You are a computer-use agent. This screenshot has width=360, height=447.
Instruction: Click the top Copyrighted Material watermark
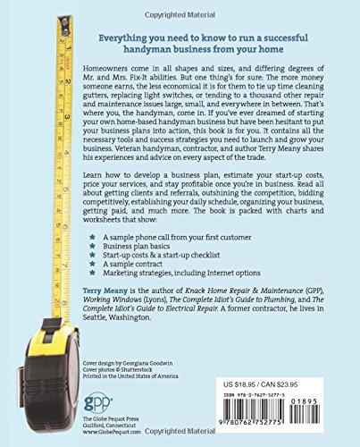pos(180,7)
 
